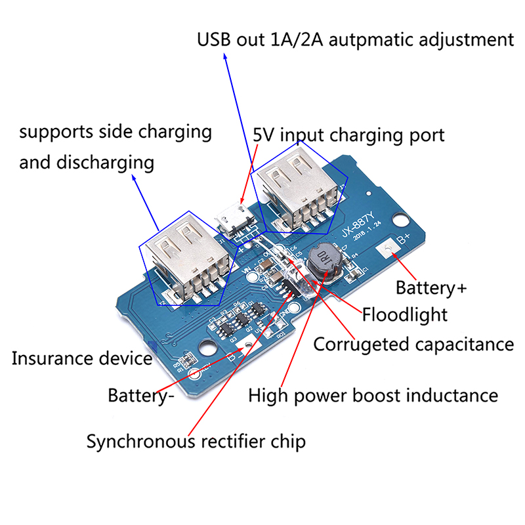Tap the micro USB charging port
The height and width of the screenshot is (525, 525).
tap(229, 218)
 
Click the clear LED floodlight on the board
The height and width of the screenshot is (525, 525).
tap(289, 269)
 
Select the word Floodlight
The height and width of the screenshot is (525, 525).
tap(405, 315)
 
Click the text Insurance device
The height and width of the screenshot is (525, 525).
tap(82, 359)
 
